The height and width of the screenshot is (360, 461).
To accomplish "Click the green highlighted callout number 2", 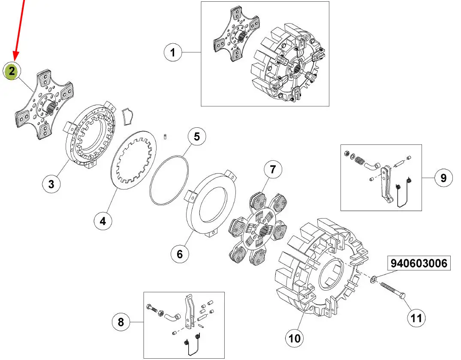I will (x=12, y=71).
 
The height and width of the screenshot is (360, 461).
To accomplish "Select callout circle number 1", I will (x=173, y=53).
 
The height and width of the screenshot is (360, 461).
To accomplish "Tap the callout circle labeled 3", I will (x=51, y=184).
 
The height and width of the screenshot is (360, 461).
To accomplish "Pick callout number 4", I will (x=103, y=221).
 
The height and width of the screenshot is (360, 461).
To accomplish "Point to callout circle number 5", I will (x=196, y=137).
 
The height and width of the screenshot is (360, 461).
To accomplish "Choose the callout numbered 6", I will (x=179, y=254).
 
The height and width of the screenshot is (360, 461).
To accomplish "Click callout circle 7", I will (x=273, y=170).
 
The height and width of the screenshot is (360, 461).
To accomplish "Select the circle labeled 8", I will (x=121, y=321).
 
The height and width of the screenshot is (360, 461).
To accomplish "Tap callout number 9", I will (x=443, y=177).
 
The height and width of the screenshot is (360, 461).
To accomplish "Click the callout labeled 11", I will (x=416, y=318).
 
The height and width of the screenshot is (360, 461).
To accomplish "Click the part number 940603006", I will (x=419, y=264).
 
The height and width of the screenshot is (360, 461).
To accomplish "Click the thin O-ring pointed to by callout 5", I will (x=169, y=180).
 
